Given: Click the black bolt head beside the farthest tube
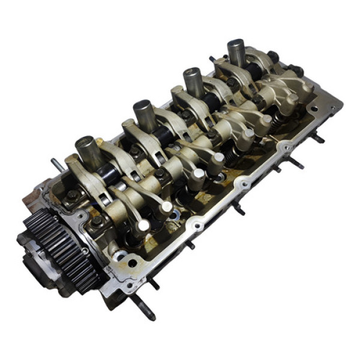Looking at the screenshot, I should [273, 57].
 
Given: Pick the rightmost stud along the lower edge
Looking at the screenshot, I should [317, 139].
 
